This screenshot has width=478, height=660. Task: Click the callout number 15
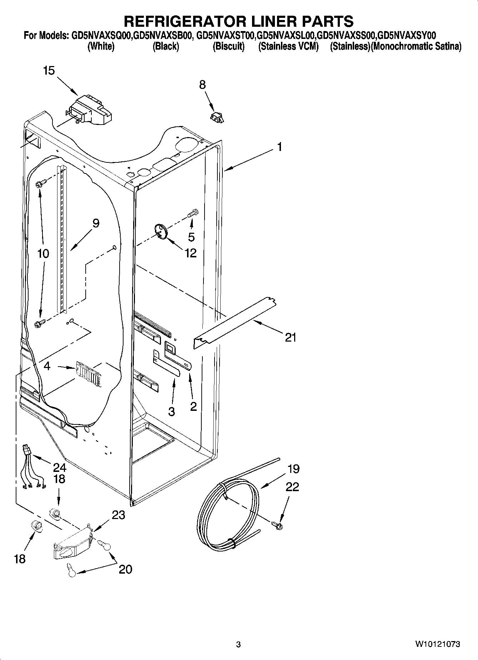[49, 71]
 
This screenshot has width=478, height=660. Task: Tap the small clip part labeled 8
[217, 117]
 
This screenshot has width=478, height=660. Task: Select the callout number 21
[291, 337]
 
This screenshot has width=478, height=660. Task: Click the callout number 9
[96, 223]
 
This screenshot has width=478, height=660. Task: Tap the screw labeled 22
[277, 525]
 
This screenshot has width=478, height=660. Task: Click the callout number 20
[125, 569]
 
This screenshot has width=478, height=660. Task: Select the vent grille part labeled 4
[88, 373]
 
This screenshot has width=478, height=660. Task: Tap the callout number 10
[43, 254]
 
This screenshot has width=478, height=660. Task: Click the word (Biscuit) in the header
[228, 46]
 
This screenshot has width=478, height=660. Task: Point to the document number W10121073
[437, 644]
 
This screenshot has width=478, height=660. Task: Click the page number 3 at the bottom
[238, 644]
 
